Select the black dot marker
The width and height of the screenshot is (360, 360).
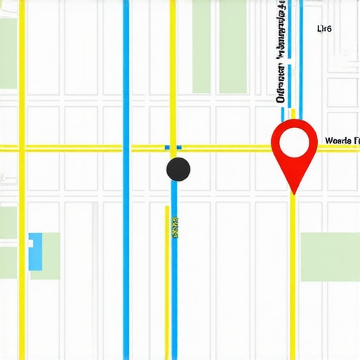179,169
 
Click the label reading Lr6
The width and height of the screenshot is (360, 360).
324,29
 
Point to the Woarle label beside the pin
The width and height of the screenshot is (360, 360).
342,141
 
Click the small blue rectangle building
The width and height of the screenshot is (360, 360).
34,251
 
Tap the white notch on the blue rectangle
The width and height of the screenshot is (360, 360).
30,243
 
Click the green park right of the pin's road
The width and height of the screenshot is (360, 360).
330,257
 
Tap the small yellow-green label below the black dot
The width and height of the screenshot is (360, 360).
174,227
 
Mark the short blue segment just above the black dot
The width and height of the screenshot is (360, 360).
173,147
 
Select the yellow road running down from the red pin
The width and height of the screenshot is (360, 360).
292,281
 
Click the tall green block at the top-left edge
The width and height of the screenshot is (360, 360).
8,53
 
